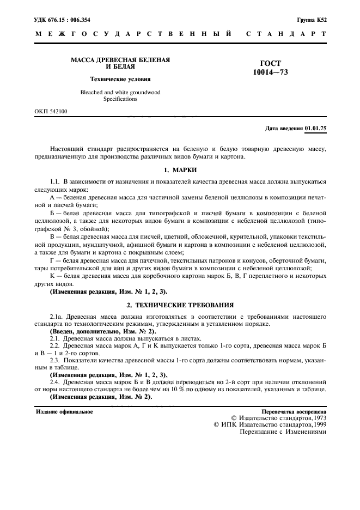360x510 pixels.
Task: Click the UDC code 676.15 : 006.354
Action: (68, 20)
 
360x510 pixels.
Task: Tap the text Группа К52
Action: (312, 20)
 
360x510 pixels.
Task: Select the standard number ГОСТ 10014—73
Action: (271, 68)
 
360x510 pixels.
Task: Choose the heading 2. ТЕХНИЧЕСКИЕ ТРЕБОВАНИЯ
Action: (180, 305)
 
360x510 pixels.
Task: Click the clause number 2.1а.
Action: (57, 316)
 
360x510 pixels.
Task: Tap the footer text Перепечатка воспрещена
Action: (294, 412)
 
